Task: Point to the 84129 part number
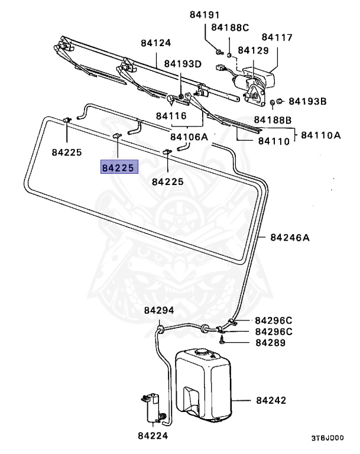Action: tap(253, 51)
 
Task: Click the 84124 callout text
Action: tap(155, 43)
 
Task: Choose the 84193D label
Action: tap(183, 63)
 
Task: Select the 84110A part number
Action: tap(321, 135)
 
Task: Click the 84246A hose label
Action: tap(290, 238)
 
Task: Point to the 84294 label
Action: tap(158, 310)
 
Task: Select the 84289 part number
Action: tap(271, 342)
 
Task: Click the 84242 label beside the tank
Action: tap(271, 400)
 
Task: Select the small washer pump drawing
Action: tap(154, 407)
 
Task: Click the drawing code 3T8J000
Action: tap(327, 439)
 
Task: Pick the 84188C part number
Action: tap(230, 27)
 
